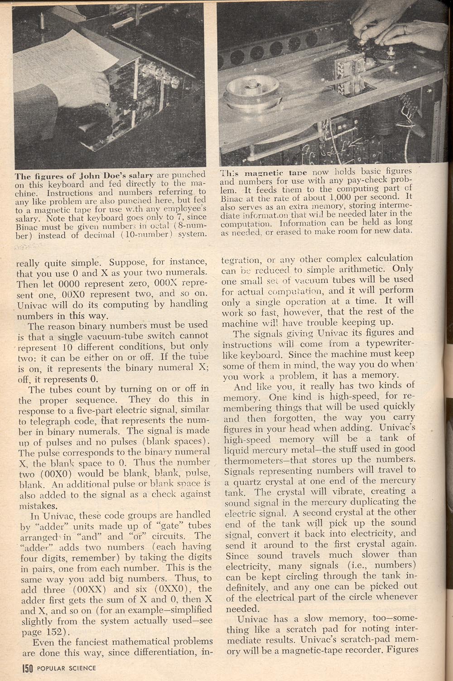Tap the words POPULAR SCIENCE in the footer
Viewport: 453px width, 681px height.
click(67, 668)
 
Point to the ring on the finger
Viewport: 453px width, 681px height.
click(405, 29)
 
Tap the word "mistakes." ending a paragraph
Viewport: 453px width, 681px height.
click(38, 505)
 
